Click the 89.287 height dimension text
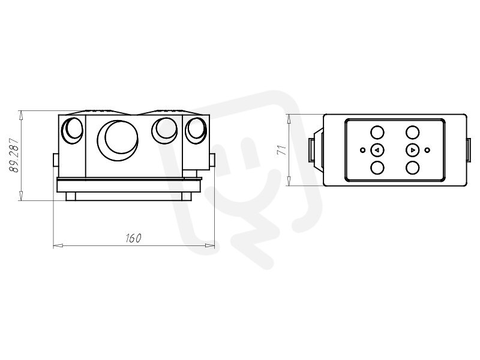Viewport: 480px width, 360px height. (14, 155)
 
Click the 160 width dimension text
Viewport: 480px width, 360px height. (133, 238)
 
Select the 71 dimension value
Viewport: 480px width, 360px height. (281, 150)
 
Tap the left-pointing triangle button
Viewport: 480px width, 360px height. (377, 150)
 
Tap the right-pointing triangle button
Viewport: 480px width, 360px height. (412, 150)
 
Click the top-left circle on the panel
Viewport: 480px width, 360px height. (377, 132)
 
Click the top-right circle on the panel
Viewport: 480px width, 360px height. (412, 132)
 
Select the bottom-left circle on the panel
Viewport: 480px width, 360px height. (377, 168)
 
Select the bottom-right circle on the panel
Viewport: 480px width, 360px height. (412, 168)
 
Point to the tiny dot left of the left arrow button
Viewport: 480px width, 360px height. (363, 150)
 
